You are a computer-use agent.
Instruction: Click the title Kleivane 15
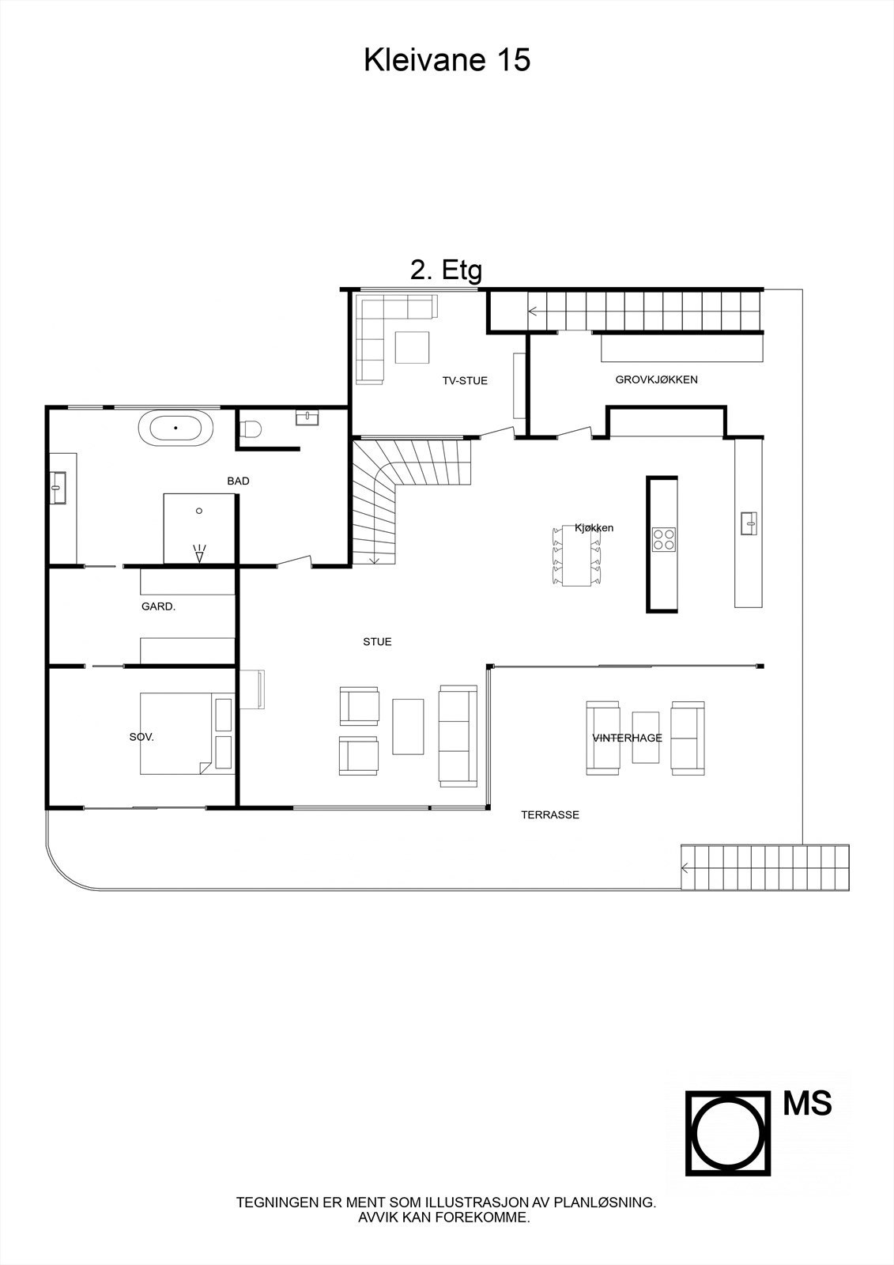tap(447, 60)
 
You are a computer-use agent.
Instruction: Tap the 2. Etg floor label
tap(446, 270)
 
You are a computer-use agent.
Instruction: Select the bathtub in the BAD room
tap(175, 429)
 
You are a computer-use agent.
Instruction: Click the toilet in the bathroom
tap(250, 429)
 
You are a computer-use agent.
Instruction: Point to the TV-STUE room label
tap(465, 381)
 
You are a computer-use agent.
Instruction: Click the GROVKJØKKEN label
tap(656, 379)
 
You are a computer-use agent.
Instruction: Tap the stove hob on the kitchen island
tap(663, 539)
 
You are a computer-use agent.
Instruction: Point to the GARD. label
tap(158, 607)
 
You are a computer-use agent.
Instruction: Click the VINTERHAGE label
tap(627, 738)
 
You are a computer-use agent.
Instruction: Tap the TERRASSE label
tap(549, 815)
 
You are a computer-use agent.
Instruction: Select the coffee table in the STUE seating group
tap(408, 726)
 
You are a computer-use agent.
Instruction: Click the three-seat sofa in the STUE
tap(458, 735)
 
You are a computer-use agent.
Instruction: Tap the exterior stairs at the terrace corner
tap(765, 867)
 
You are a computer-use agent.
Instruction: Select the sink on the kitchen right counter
tap(749, 523)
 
